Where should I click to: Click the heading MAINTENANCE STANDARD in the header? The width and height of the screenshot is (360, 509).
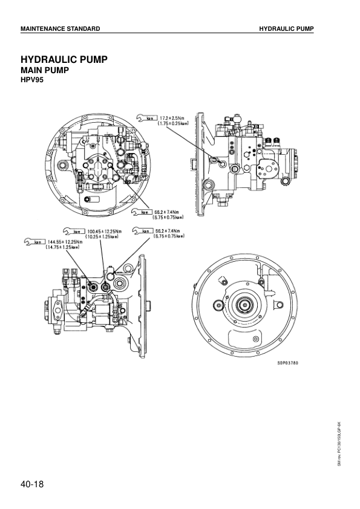click(x=60, y=29)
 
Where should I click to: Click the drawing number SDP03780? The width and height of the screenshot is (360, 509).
click(x=287, y=363)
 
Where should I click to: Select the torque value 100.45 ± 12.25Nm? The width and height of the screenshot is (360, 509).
click(x=104, y=231)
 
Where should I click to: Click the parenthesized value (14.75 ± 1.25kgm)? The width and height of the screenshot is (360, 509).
click(x=64, y=247)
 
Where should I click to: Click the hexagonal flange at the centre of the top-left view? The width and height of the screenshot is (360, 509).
click(x=99, y=164)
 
